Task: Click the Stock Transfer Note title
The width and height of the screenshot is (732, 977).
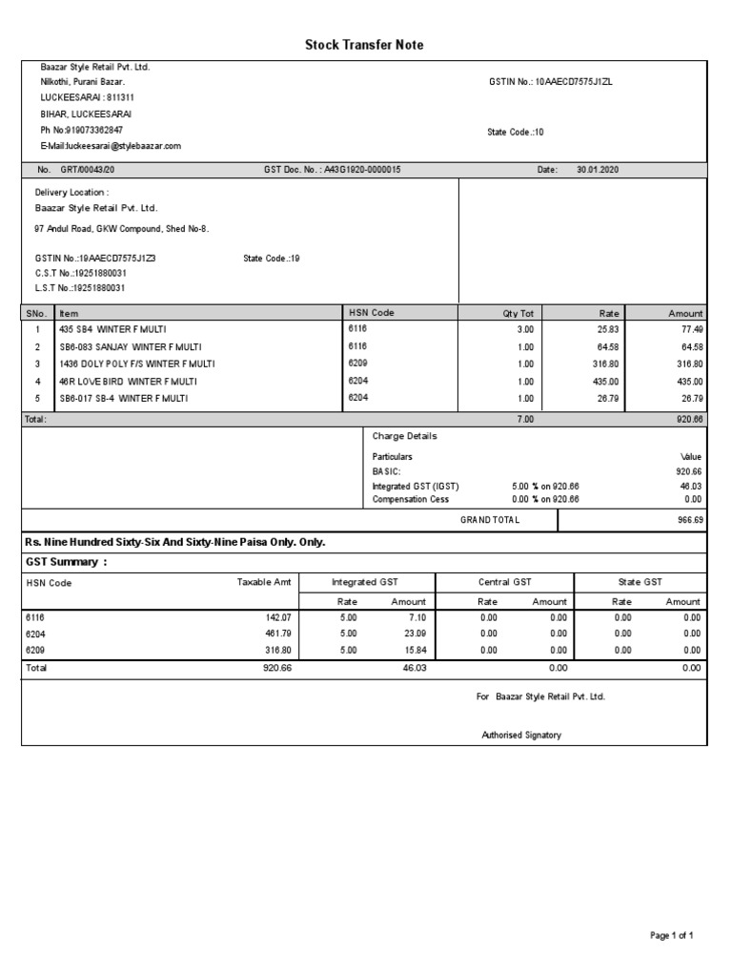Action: [x=364, y=45]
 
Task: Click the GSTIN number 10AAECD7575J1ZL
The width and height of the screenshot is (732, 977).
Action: [x=575, y=82]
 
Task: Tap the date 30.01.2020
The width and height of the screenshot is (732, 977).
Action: [x=598, y=169]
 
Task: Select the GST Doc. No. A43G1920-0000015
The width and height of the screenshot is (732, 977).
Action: [x=363, y=169]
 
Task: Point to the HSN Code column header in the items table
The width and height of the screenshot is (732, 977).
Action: [x=372, y=313]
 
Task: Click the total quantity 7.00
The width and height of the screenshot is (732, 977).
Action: [x=524, y=419]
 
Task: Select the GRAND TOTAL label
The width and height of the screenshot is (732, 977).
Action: [x=490, y=520]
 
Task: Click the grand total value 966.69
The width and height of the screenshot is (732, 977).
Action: [x=688, y=520]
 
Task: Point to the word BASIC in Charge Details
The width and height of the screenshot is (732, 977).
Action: [x=386, y=471]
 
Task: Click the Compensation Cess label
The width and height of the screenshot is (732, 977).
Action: [x=410, y=499]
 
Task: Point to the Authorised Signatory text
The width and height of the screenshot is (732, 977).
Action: [x=521, y=735]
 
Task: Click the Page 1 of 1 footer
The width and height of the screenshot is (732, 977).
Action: [x=671, y=936]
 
